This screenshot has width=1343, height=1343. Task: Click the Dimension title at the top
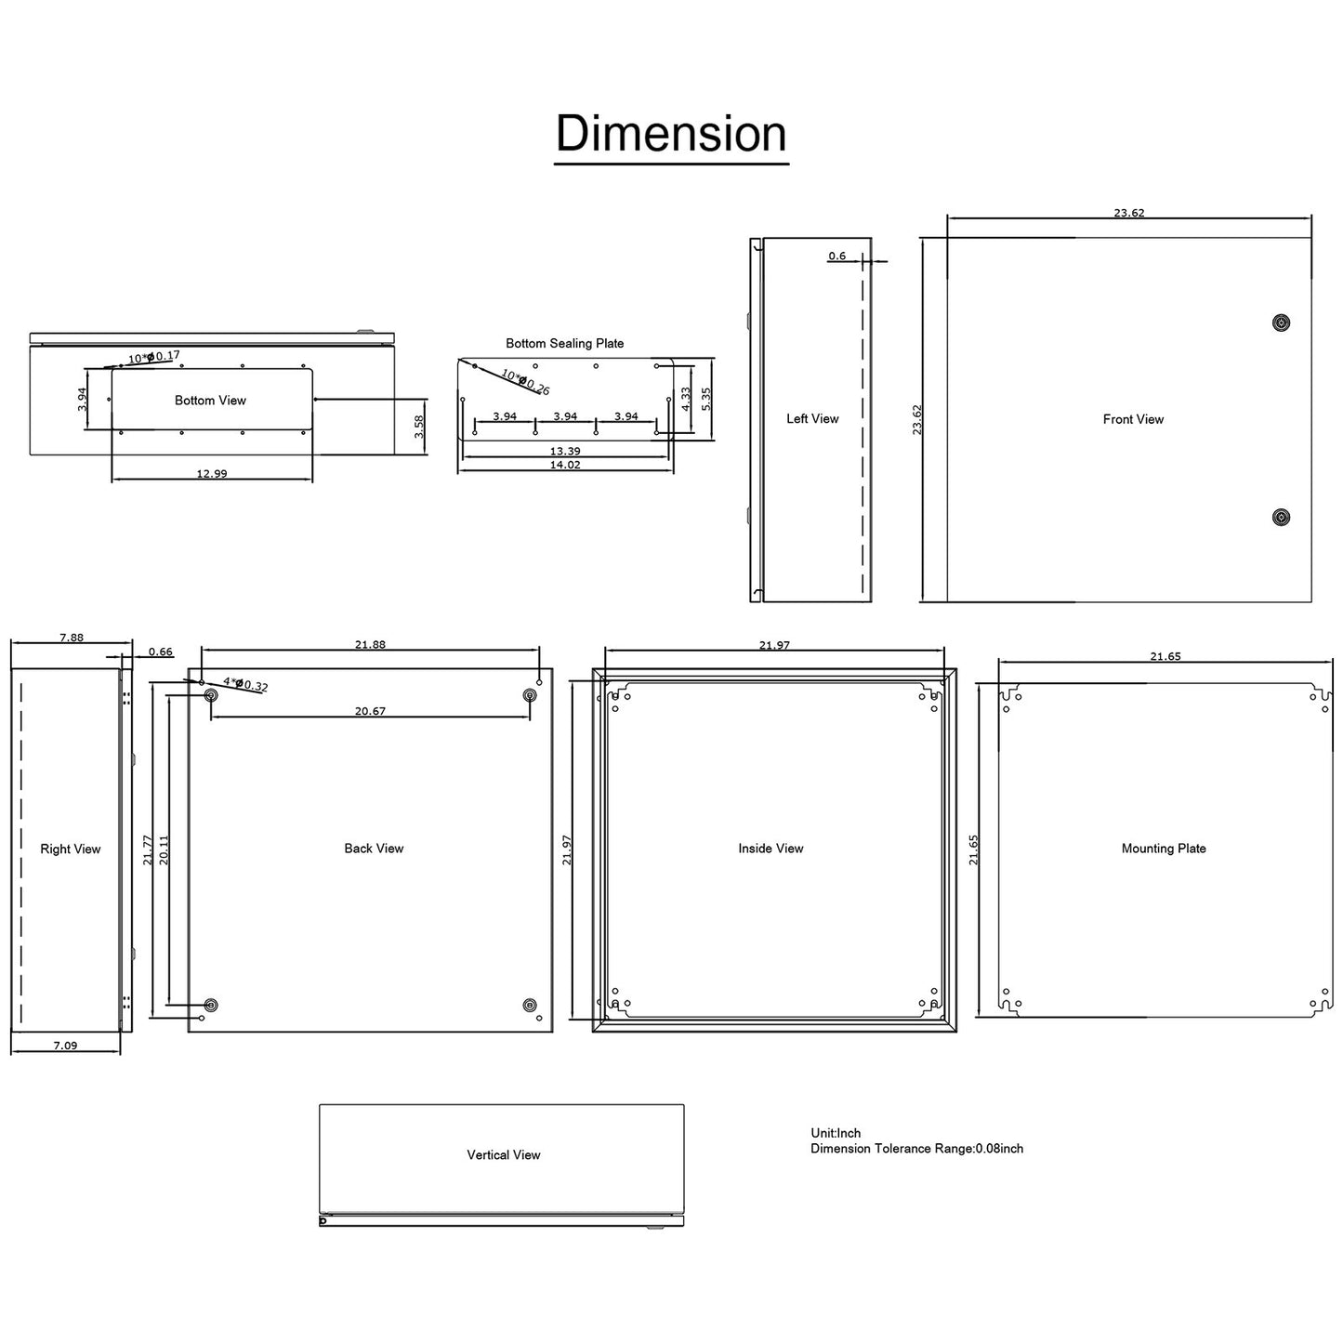click(x=671, y=134)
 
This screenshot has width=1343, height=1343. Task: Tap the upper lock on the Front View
click(x=1282, y=323)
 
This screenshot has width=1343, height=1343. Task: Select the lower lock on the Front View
click(x=1282, y=517)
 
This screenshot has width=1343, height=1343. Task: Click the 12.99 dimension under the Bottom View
click(x=212, y=473)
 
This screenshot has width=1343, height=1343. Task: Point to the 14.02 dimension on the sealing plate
click(x=565, y=465)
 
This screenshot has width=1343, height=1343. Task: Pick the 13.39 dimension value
click(x=565, y=451)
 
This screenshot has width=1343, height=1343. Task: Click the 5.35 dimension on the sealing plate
click(x=705, y=400)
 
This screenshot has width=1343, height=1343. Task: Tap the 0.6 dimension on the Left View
click(x=837, y=256)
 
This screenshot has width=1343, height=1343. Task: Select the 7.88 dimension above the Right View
click(x=72, y=638)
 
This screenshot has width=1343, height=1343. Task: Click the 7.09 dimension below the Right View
click(x=65, y=1046)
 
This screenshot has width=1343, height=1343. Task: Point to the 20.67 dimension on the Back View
click(x=370, y=711)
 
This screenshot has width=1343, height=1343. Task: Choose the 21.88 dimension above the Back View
click(x=370, y=644)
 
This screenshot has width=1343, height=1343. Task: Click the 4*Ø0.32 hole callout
click(x=245, y=684)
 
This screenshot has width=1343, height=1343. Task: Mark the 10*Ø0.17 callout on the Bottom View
click(x=154, y=357)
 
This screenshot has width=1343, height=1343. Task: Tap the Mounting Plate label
click(x=1164, y=849)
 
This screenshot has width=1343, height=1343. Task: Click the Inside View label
click(x=770, y=849)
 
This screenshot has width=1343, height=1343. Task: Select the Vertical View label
click(x=503, y=1155)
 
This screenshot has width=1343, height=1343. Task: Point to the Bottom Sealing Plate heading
click(x=564, y=344)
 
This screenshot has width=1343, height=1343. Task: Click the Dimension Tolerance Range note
click(x=916, y=1149)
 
